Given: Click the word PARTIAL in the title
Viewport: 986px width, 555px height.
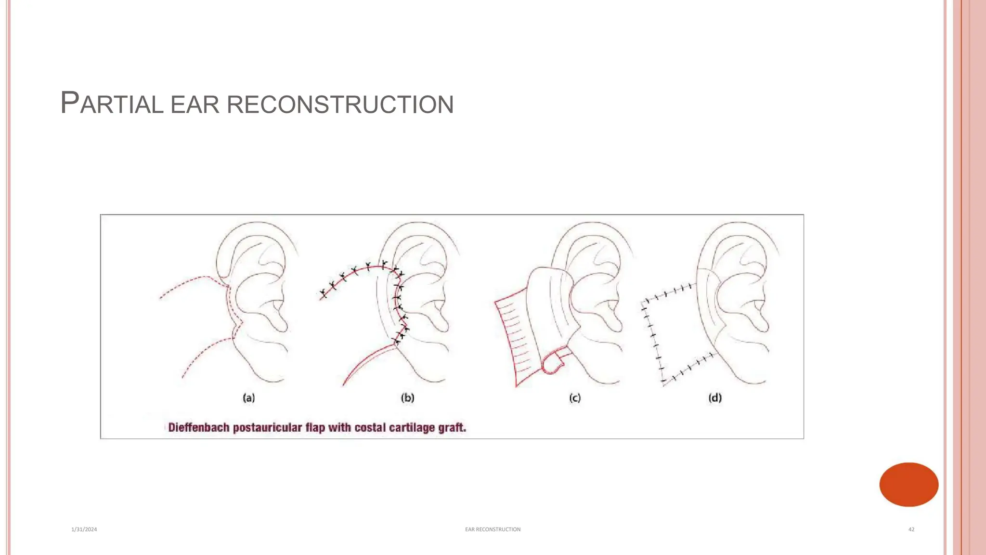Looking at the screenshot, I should pyautogui.click(x=112, y=104).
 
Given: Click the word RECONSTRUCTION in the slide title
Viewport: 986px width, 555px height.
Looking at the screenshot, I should pyautogui.click(x=340, y=105).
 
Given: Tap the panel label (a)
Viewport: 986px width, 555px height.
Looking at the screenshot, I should pyautogui.click(x=248, y=398).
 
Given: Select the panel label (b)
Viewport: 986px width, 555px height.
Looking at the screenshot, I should pyautogui.click(x=407, y=398).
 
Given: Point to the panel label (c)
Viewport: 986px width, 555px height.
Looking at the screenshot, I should pyautogui.click(x=575, y=398).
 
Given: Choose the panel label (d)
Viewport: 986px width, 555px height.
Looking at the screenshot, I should pyautogui.click(x=715, y=398).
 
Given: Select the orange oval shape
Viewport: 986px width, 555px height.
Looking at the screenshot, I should pyautogui.click(x=908, y=484).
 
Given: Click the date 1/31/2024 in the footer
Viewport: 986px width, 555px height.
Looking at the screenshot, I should pyautogui.click(x=84, y=529).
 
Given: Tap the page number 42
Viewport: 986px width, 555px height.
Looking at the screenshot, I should pyautogui.click(x=911, y=529).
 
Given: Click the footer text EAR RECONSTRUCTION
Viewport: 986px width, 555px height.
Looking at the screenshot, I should pyautogui.click(x=493, y=529).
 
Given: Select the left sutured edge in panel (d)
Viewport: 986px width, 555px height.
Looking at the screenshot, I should pyautogui.click(x=652, y=340).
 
